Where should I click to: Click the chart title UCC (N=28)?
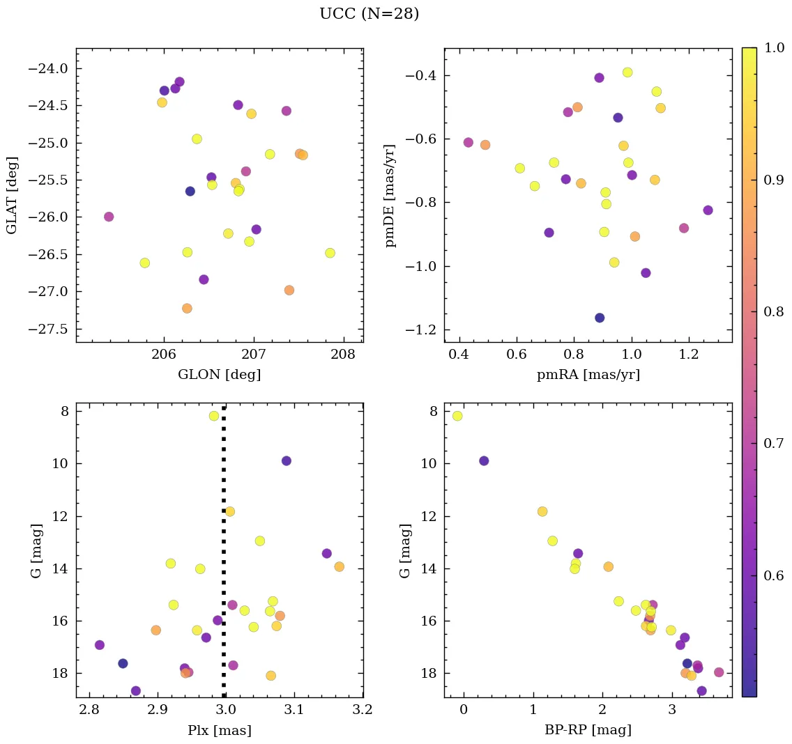pyautogui.click(x=369, y=14)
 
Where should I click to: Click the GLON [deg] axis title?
pyautogui.click(x=220, y=375)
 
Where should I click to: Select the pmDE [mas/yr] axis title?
pyautogui.click(x=390, y=196)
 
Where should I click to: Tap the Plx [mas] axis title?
pyautogui.click(x=220, y=730)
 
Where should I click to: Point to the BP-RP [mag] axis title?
pyautogui.click(x=588, y=730)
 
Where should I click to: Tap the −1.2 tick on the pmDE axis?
pyautogui.click(x=418, y=330)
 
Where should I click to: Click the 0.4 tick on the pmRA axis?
pyautogui.click(x=459, y=355)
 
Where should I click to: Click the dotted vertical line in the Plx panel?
pyautogui.click(x=224, y=557)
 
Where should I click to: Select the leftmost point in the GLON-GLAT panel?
pyautogui.click(x=109, y=217)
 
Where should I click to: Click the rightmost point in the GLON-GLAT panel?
pyautogui.click(x=330, y=253)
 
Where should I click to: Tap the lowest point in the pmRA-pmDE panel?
pyautogui.click(x=600, y=318)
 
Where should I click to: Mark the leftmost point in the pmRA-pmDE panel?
pyautogui.click(x=469, y=142)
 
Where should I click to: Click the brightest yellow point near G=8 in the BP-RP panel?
pyautogui.click(x=457, y=416)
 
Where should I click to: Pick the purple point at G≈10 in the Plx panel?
pyautogui.click(x=286, y=460)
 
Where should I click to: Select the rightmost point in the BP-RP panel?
pyautogui.click(x=719, y=672)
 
